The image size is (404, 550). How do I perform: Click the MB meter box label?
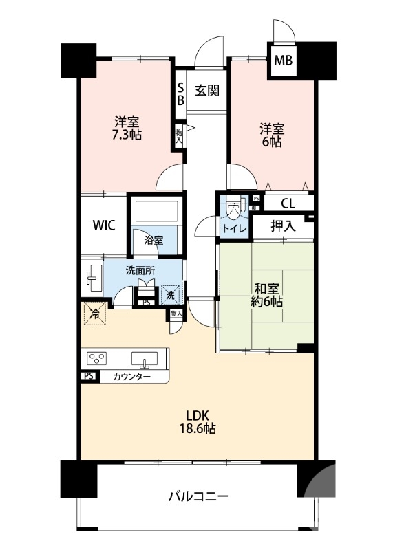click(283, 60)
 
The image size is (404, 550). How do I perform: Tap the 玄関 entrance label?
click(207, 91)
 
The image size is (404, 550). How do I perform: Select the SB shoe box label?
click(180, 94)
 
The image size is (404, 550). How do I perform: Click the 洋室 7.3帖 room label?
click(127, 129)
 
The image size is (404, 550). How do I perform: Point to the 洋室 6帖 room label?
click(272, 135)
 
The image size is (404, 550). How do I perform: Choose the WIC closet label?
click(104, 225)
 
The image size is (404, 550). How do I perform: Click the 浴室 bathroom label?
click(153, 241)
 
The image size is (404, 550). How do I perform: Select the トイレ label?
click(234, 229)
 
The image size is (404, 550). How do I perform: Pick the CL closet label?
click(288, 203)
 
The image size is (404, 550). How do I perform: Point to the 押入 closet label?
click(283, 226)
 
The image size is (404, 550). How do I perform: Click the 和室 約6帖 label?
click(267, 295)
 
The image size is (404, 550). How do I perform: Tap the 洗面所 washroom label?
click(140, 270)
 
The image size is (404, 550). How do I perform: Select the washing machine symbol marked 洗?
click(171, 295)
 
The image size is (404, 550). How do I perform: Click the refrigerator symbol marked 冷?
click(94, 313)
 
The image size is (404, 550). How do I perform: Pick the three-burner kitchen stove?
click(97, 358)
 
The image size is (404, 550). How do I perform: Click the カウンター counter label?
click(131, 377)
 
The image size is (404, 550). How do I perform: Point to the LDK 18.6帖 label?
click(198, 422)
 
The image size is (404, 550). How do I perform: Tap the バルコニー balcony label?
click(199, 496)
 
